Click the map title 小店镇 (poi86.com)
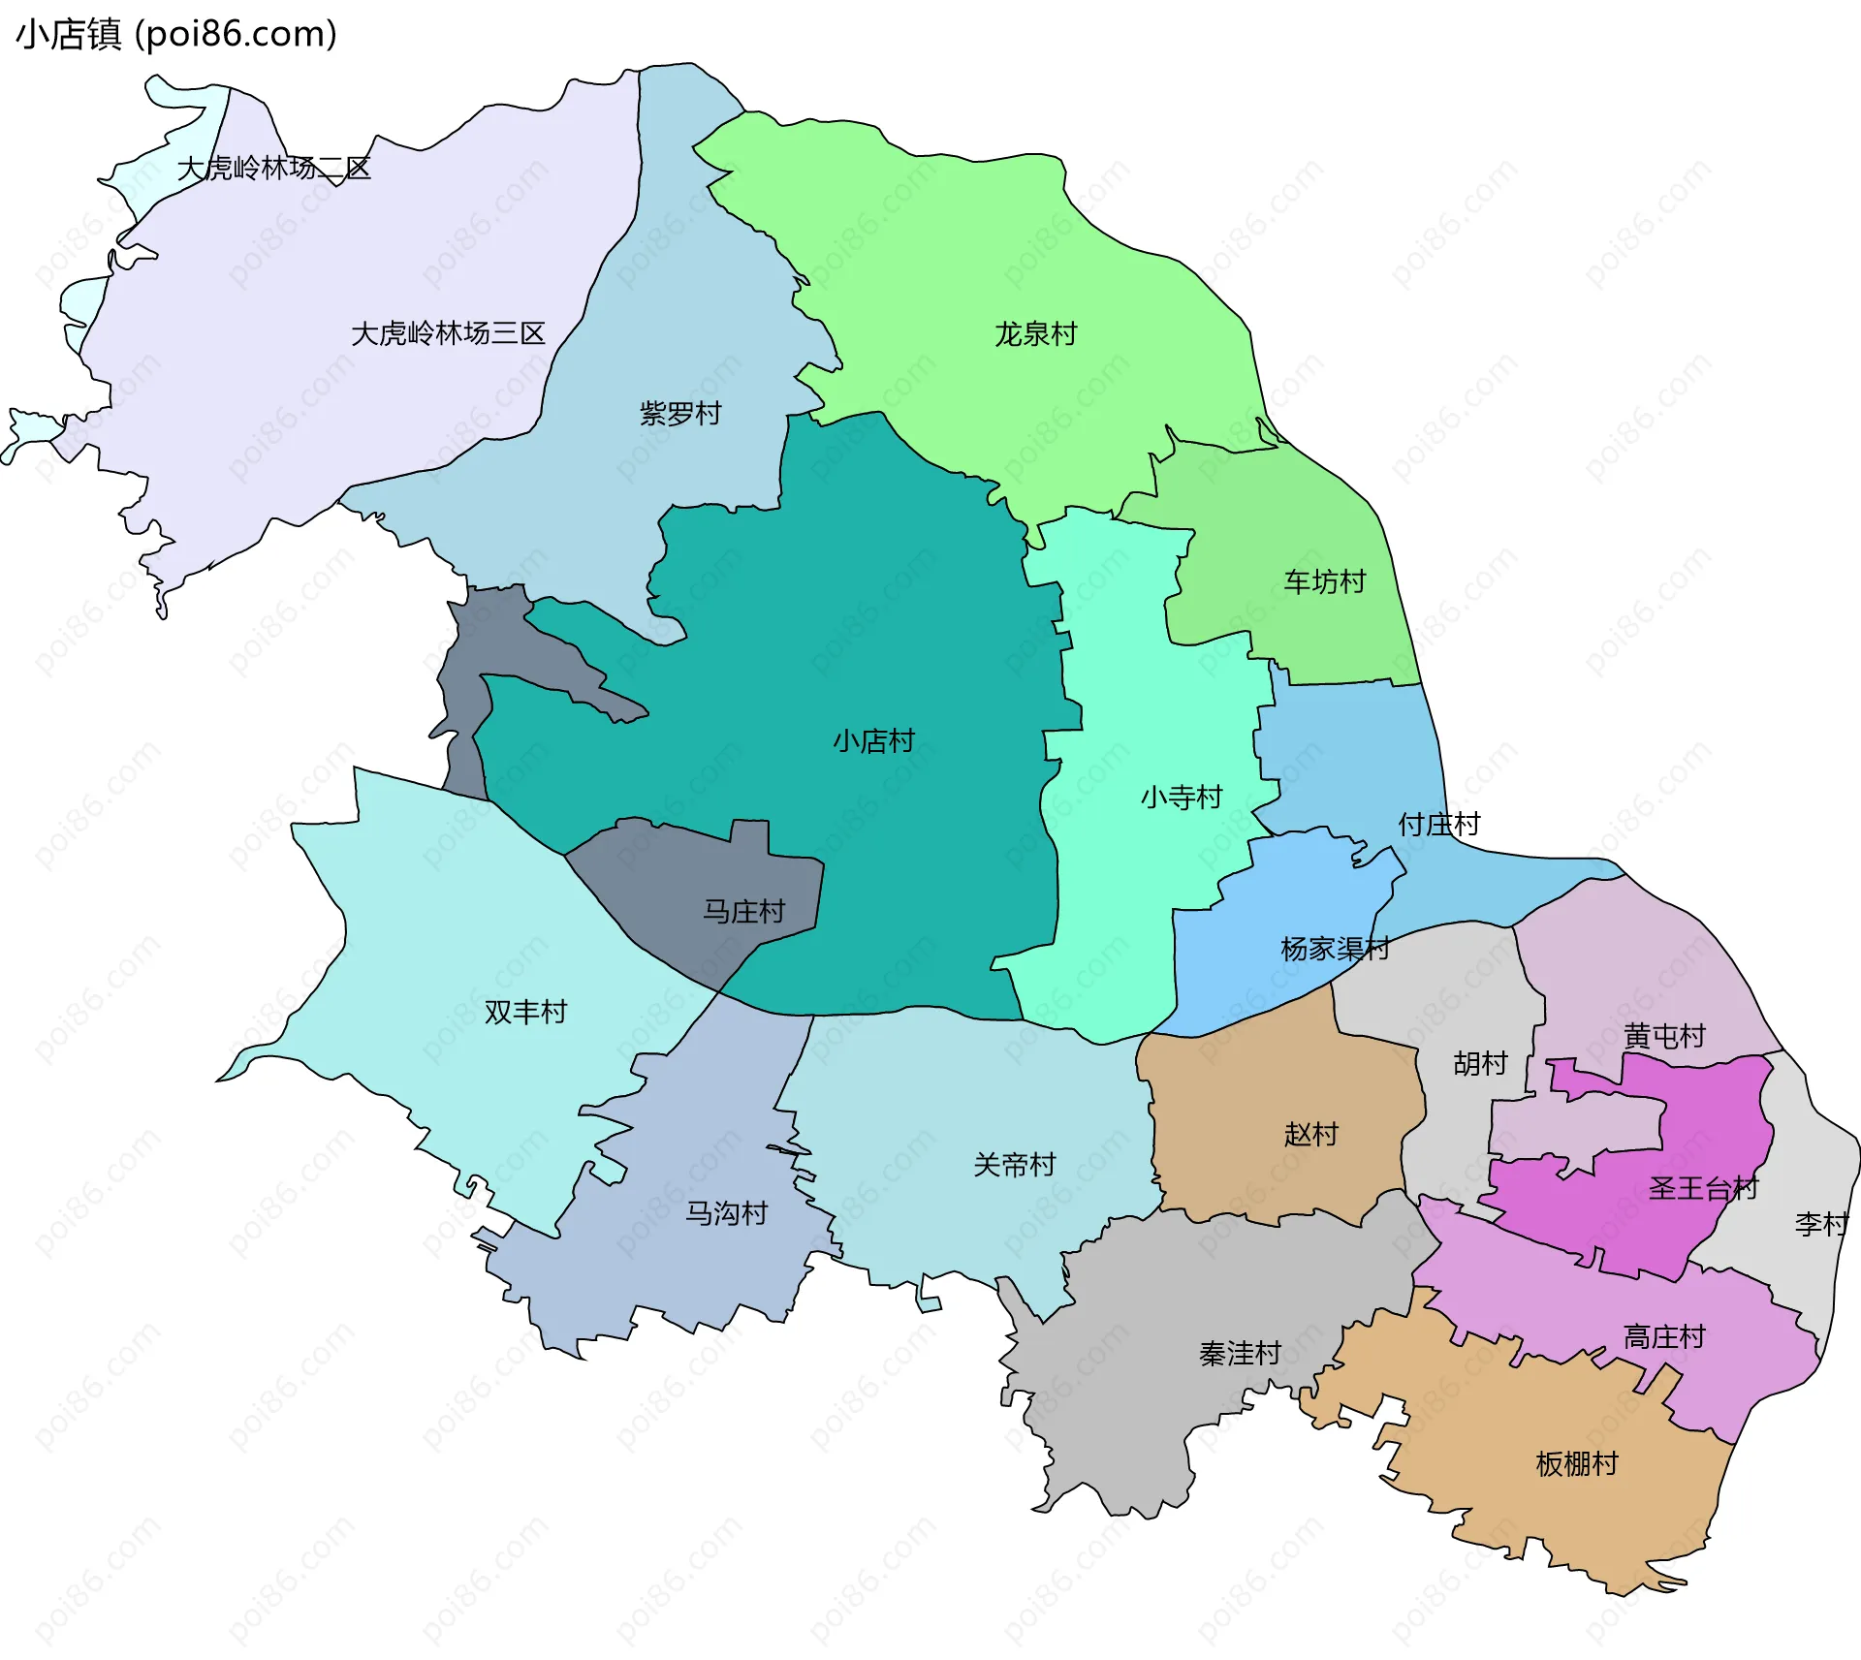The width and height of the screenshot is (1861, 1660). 176,34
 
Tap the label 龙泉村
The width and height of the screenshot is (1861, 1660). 1035,334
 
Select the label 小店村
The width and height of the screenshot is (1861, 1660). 873,741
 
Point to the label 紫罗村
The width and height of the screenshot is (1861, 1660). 680,414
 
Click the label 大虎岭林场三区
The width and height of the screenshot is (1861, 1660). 448,333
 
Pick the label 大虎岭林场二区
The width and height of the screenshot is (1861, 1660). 274,168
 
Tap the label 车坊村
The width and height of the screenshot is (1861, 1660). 1324,581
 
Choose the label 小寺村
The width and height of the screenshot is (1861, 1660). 1181,798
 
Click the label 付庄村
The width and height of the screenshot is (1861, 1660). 1438,825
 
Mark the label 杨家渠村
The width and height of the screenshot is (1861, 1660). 1335,949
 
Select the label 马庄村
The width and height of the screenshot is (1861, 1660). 743,912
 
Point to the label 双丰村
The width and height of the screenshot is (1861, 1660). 525,1012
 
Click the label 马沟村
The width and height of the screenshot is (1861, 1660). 726,1213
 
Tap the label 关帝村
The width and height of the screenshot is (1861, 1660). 1014,1165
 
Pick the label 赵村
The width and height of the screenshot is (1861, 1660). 1310,1134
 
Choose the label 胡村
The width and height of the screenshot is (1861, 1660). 1480,1064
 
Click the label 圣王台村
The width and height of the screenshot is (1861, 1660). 1703,1188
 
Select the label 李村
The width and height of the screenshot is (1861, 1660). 1821,1224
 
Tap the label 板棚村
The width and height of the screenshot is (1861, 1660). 1577,1463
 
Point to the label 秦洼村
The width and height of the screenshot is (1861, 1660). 1240,1353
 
